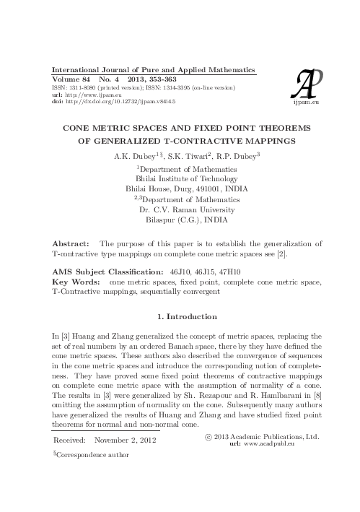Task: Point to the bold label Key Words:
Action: [75, 277]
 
